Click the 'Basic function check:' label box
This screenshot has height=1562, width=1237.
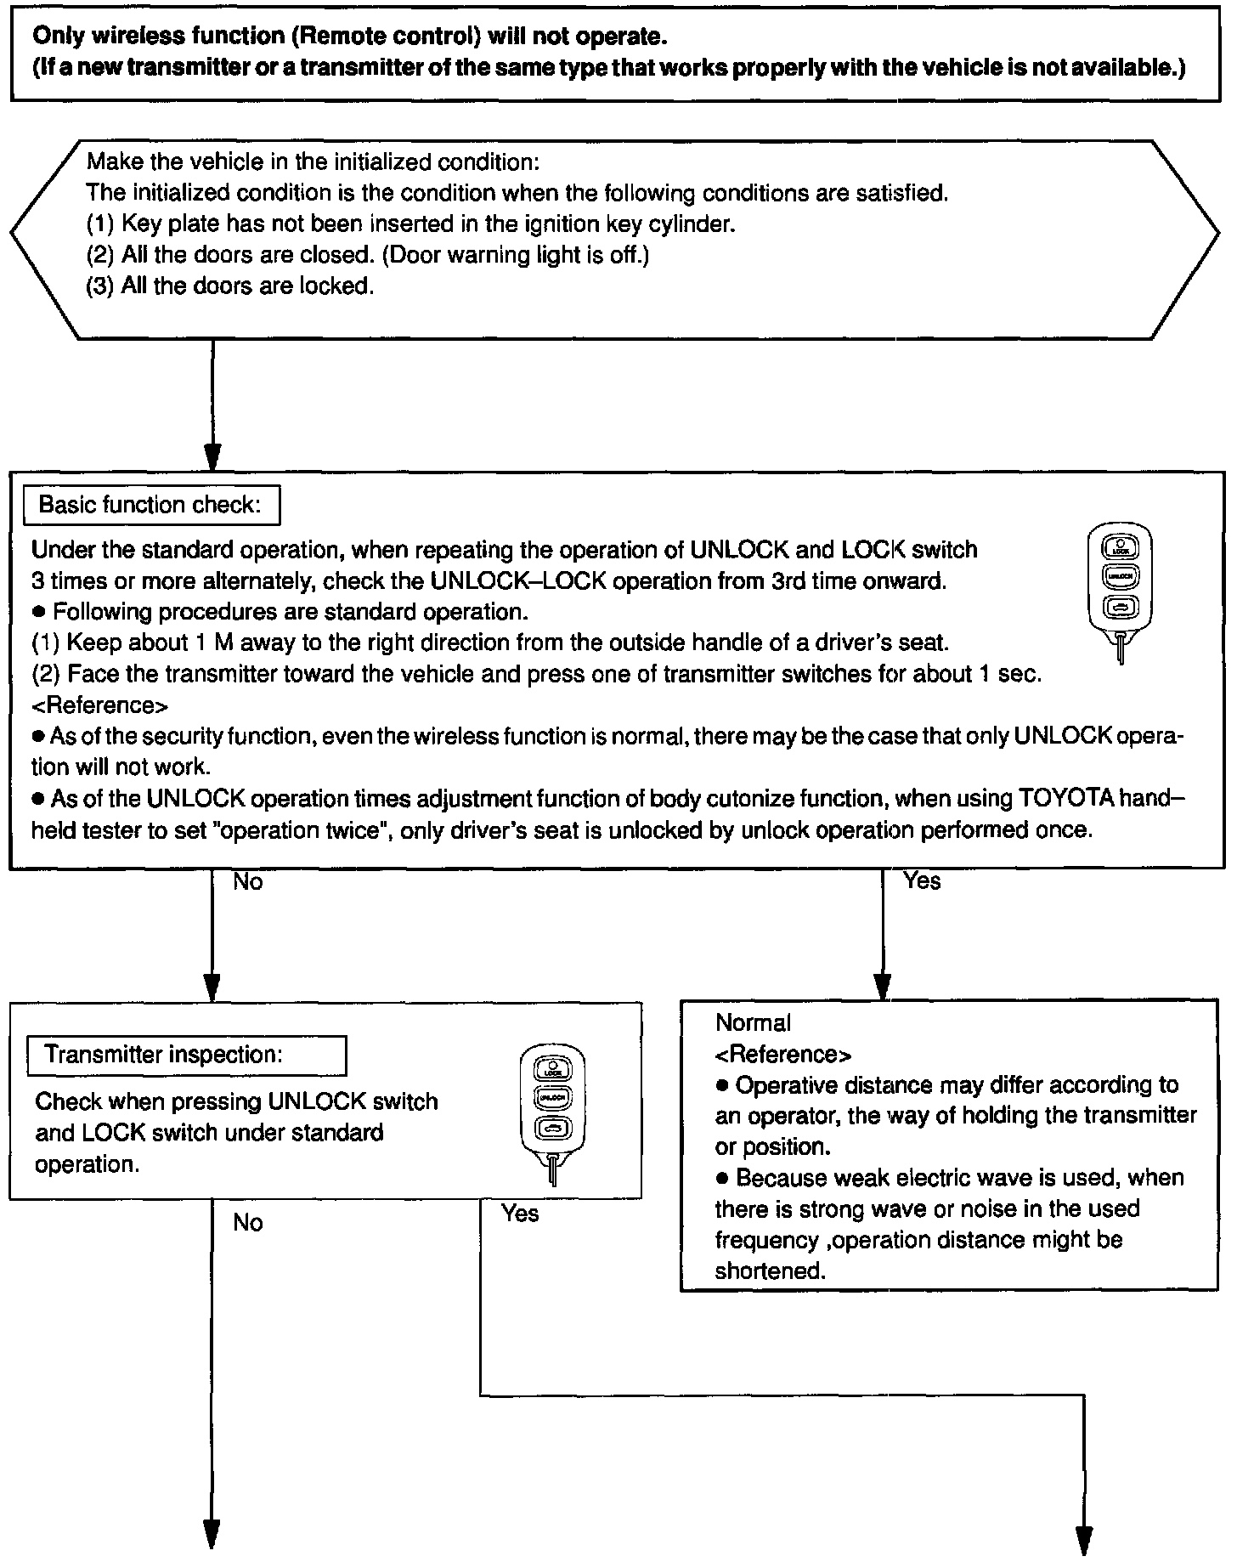pos(150,505)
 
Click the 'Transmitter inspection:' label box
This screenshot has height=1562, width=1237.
pos(186,1055)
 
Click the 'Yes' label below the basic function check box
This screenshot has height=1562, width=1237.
pos(923,881)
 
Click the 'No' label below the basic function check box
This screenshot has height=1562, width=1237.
pos(248,882)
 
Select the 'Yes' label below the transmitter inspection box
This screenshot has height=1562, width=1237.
pos(519,1213)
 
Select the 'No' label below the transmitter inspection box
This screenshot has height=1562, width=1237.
pos(248,1223)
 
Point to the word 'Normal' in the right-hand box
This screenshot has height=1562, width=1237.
pos(753,1022)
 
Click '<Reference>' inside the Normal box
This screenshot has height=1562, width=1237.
pos(783,1054)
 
